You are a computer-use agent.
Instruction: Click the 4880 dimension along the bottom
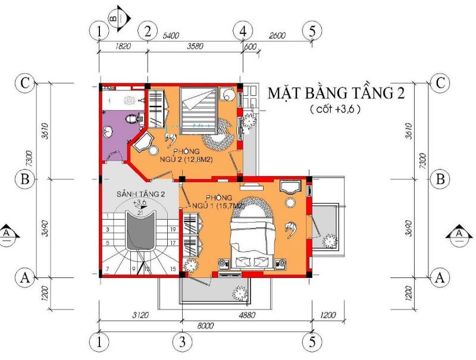[246, 315]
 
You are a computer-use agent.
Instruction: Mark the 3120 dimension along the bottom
[140, 315]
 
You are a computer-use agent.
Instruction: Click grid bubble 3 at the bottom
[183, 342]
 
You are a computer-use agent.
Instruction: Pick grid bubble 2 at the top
[147, 30]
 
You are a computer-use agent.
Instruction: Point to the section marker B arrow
[118, 15]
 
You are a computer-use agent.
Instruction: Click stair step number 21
[140, 212]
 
